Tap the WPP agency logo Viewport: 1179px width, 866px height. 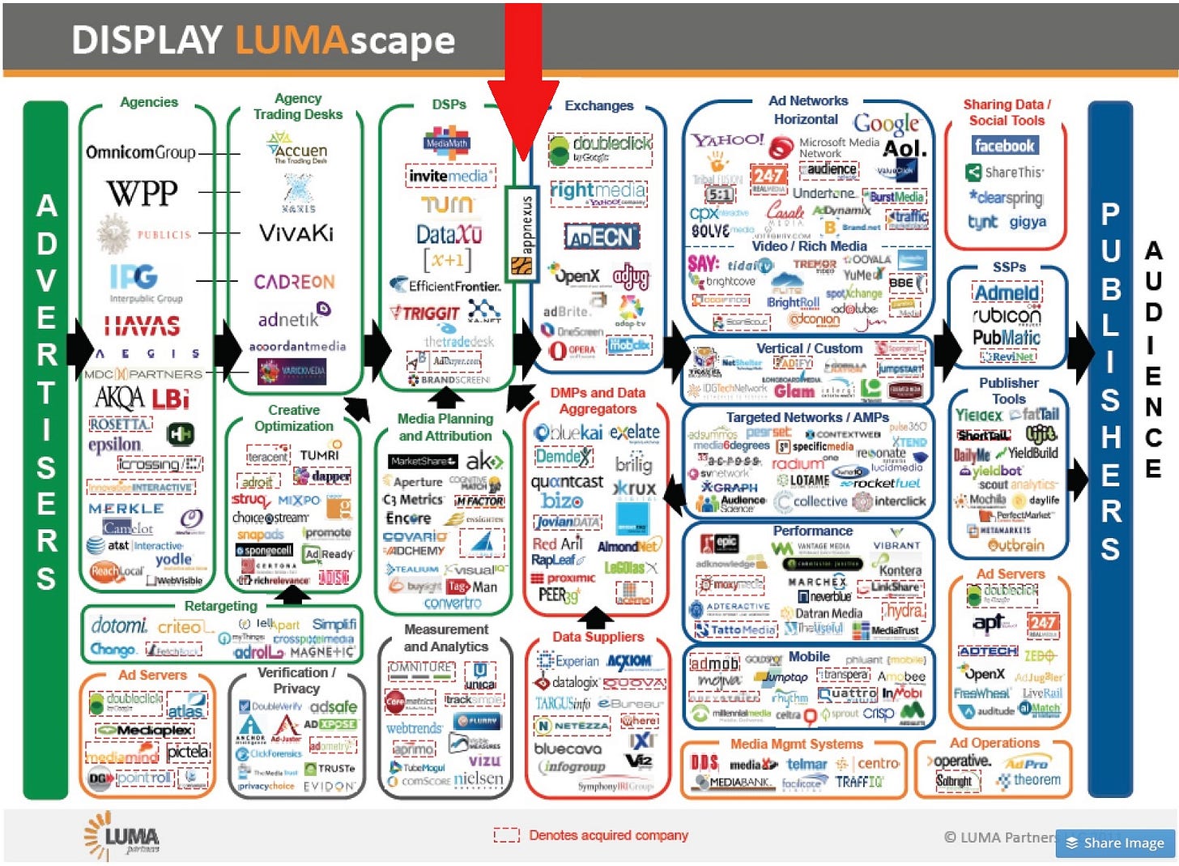click(142, 193)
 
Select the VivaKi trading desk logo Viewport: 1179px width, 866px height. click(296, 233)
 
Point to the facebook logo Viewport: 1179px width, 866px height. click(1004, 146)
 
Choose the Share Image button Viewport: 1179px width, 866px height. click(1115, 843)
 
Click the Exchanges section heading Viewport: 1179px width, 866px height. click(599, 106)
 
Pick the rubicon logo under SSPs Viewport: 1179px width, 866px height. click(1007, 314)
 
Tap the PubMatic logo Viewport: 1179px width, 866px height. click(1007, 337)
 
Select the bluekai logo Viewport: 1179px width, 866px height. click(568, 433)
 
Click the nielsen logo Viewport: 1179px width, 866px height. click(478, 779)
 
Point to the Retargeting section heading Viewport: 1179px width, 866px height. click(220, 606)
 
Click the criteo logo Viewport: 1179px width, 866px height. click(179, 626)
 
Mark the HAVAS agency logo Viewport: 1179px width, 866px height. click(142, 326)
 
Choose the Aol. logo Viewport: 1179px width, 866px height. click(904, 149)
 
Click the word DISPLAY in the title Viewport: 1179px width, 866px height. click(147, 41)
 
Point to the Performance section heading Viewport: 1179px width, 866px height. click(812, 531)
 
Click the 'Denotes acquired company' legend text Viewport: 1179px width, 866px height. click(608, 835)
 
